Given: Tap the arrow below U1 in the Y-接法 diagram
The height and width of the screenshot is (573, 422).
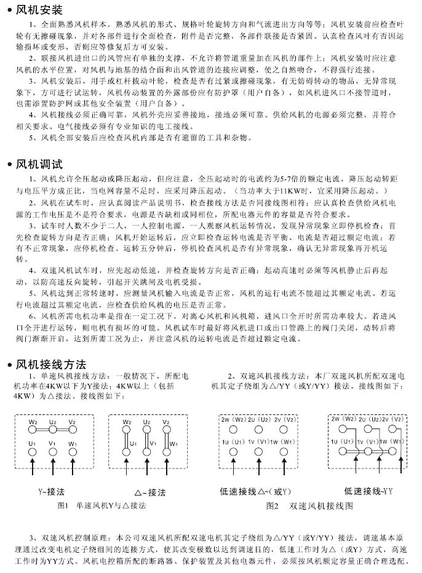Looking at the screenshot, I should [33, 471].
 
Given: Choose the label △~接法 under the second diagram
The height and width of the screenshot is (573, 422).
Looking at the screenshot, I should [150, 492].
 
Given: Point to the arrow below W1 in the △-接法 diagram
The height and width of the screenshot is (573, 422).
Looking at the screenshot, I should [166, 471].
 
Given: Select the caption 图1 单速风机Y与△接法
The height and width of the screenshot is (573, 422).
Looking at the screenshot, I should [101, 505].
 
